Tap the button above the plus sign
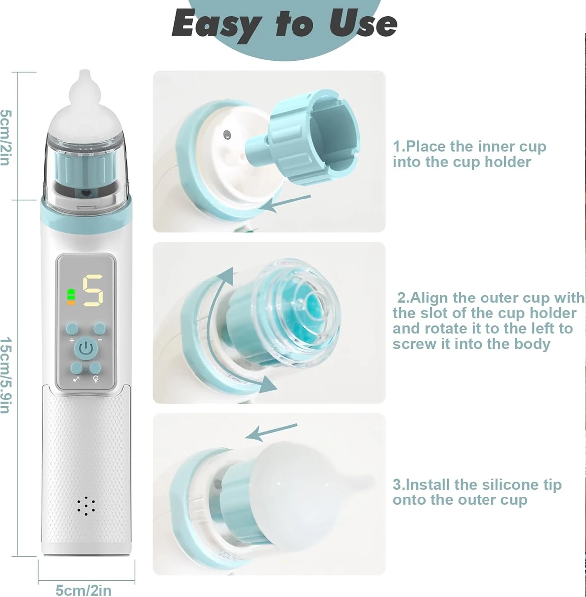click(72, 329)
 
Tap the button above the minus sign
click(100, 329)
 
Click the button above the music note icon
click(77, 368)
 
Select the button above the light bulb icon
click(95, 368)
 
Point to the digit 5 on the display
click(93, 291)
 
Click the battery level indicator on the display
click(71, 297)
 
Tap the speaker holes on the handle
click(86, 506)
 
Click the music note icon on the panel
click(76, 379)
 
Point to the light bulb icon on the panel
click(96, 379)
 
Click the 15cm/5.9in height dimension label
click(6, 376)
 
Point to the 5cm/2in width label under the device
click(84, 590)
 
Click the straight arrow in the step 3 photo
click(271, 432)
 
